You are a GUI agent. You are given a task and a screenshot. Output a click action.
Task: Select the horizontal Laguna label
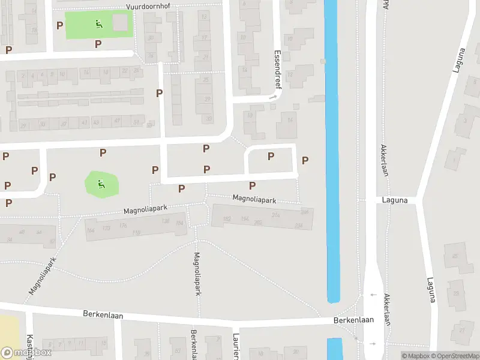(x=394, y=200)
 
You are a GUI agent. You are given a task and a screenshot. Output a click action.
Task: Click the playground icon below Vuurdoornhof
(x=98, y=24)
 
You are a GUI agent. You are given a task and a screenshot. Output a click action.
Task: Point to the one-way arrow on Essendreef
(x=274, y=96)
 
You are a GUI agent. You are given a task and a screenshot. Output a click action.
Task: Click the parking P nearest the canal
(x=305, y=160)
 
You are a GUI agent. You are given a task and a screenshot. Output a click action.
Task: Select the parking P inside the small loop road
(x=271, y=156)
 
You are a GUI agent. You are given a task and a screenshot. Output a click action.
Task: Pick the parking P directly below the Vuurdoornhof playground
(x=98, y=44)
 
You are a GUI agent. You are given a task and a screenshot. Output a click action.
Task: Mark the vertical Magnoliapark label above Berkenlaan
(x=197, y=274)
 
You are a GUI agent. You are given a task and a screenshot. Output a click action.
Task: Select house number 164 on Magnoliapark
(x=91, y=230)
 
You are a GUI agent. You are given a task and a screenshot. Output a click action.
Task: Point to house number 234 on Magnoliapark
(x=299, y=226)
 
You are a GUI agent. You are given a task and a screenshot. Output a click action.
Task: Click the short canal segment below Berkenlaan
(x=334, y=349)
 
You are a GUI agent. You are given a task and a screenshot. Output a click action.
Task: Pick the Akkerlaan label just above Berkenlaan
(x=387, y=309)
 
